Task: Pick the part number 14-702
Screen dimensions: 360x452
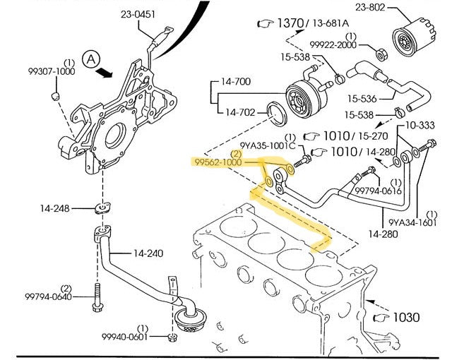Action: click(241, 112)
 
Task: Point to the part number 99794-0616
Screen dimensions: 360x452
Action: click(378, 190)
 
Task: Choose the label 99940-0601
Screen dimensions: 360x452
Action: click(125, 337)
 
